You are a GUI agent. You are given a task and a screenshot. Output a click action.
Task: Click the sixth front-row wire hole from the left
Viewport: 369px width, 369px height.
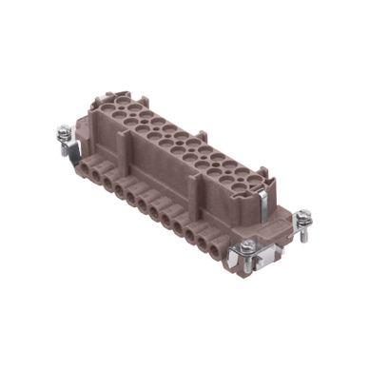[x=153, y=204]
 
